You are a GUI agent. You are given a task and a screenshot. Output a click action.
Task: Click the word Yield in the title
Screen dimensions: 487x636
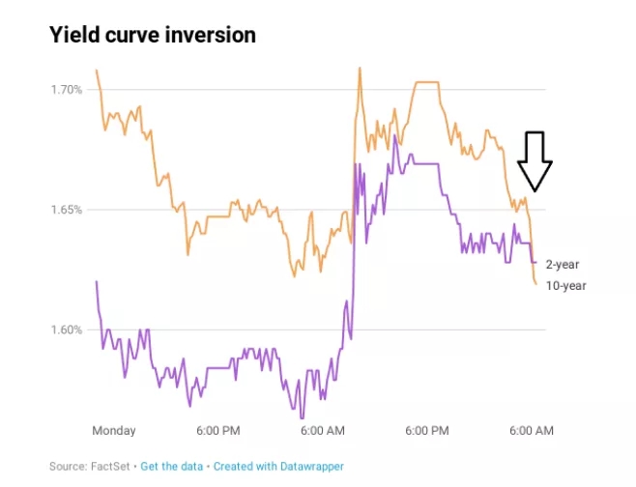pyautogui.click(x=72, y=35)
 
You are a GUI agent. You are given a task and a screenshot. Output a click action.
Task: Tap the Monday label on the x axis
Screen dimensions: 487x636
pyautogui.click(x=114, y=430)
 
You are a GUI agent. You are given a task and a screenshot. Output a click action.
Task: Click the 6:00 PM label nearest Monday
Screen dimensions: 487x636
pyautogui.click(x=218, y=430)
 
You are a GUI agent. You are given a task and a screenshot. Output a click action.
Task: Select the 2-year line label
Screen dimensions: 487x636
pyautogui.click(x=563, y=264)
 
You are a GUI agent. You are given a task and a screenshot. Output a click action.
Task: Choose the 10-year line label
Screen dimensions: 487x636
pyautogui.click(x=565, y=285)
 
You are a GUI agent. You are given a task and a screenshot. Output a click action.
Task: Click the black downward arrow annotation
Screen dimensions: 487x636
pyautogui.click(x=535, y=160)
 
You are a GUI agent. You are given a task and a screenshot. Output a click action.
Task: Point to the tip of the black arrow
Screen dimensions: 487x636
pyautogui.click(x=535, y=189)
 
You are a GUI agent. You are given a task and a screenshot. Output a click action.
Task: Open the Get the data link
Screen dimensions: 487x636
pyautogui.click(x=172, y=467)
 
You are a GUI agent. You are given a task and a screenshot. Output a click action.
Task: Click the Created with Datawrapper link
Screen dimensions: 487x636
pyautogui.click(x=278, y=467)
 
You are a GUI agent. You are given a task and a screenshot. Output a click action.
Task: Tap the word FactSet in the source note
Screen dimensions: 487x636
pyautogui.click(x=111, y=467)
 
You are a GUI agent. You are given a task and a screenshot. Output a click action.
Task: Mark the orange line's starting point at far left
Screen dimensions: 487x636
pyautogui.click(x=96, y=70)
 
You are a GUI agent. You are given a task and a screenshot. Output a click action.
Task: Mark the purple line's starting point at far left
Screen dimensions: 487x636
pyautogui.click(x=96, y=281)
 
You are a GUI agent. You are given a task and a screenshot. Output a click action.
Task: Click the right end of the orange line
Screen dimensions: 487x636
pyautogui.click(x=535, y=283)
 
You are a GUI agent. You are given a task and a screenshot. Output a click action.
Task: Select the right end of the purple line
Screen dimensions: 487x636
pyautogui.click(x=535, y=262)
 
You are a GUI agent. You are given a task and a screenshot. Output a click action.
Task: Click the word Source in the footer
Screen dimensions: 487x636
pyautogui.click(x=67, y=467)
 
